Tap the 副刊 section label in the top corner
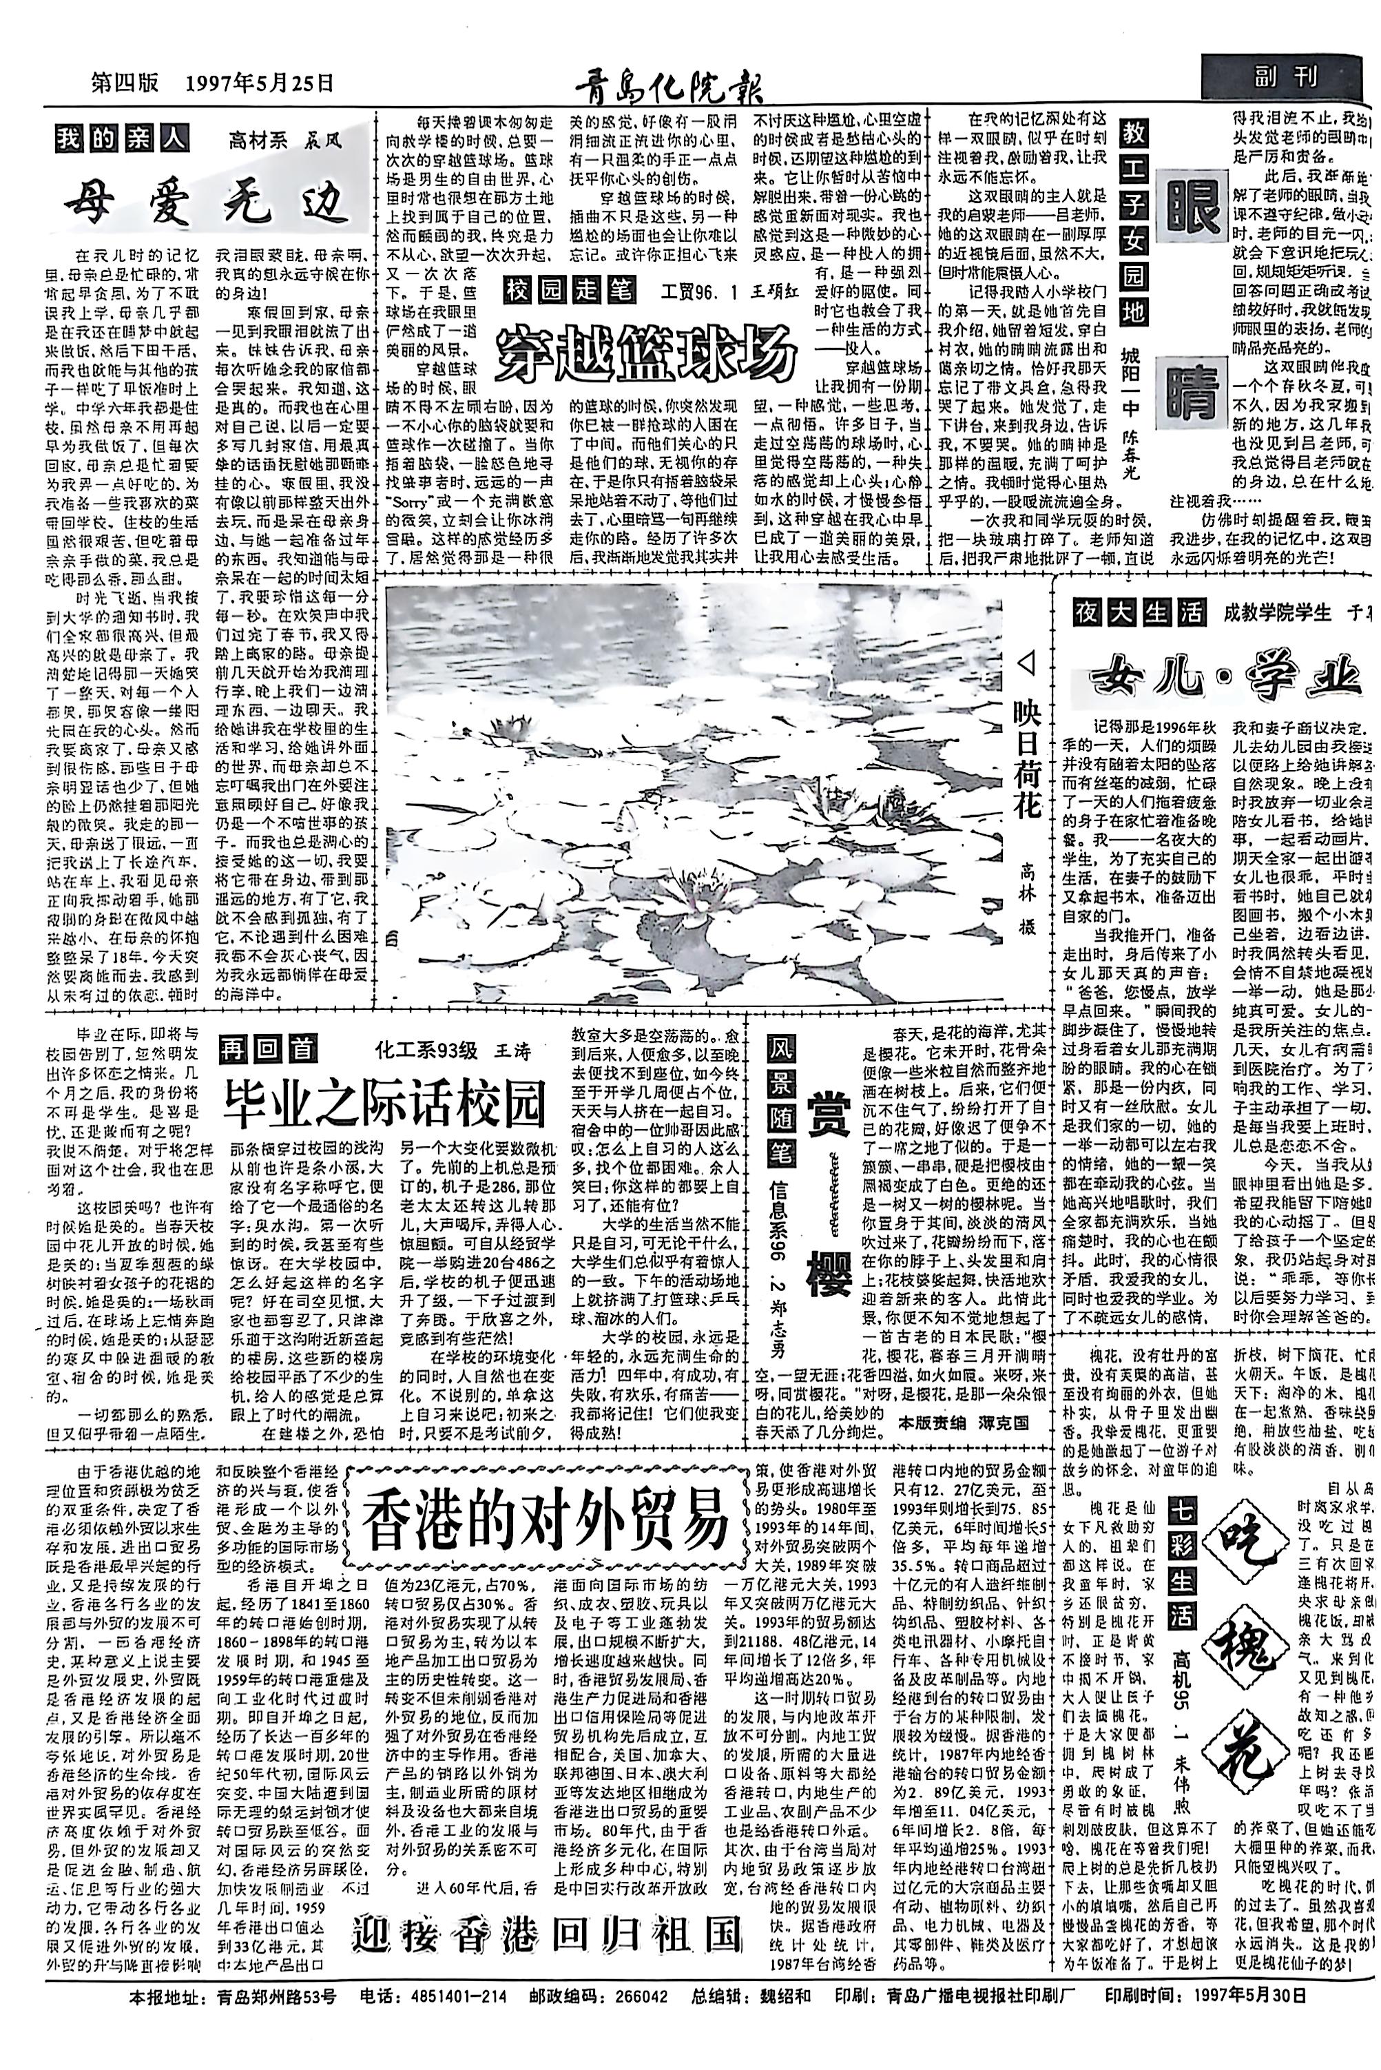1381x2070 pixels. (x=1287, y=79)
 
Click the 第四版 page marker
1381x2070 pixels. (x=127, y=83)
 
